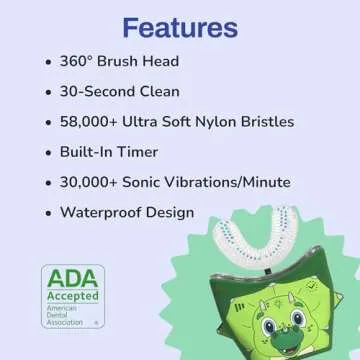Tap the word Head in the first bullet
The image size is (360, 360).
pos(159,61)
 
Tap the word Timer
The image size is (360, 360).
pos(153,153)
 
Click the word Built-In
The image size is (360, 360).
pos(94,153)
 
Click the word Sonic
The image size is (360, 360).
pos(159,183)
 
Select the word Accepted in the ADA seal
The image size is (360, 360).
pos(72,297)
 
